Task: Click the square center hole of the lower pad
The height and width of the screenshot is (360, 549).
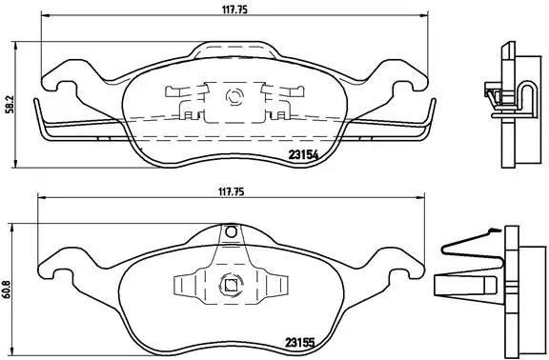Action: pyautogui.click(x=229, y=282)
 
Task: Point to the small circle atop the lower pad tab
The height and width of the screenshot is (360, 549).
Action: pyautogui.click(x=229, y=230)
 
